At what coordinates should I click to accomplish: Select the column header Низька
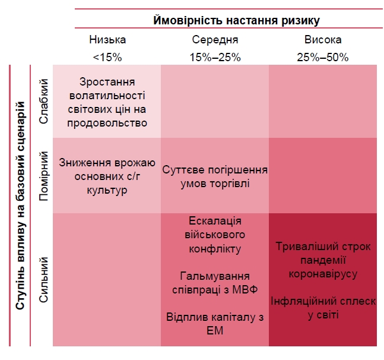[x=107, y=40]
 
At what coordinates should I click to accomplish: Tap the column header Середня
[x=215, y=40]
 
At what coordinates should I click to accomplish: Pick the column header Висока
[x=323, y=40]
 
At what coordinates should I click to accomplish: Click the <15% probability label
[x=107, y=58]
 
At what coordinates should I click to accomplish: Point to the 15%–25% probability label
[x=215, y=58]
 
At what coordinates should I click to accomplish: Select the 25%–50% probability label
[x=323, y=58]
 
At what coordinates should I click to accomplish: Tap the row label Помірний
[x=43, y=175]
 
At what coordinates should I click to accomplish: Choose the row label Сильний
[x=43, y=279]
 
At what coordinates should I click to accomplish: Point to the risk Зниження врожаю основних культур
[x=107, y=176]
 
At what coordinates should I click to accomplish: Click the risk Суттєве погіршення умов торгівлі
[x=215, y=176]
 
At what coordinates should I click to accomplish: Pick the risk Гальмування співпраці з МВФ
[x=215, y=283]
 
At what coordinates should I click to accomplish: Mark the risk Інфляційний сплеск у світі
[x=323, y=308]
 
